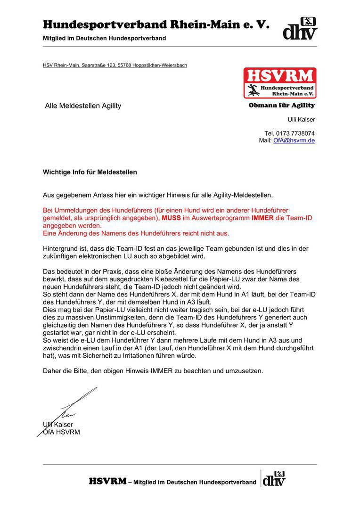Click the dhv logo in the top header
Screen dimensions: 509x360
tap(300, 28)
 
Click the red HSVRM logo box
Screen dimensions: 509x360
tap(280, 83)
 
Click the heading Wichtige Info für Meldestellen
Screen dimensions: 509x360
tap(90, 172)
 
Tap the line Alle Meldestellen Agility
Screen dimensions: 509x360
tap(83, 106)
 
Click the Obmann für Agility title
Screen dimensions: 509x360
tap(282, 106)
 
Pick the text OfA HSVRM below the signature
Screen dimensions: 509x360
tap(61, 432)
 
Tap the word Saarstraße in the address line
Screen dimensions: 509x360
tap(95, 65)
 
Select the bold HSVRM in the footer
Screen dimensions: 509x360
tap(108, 482)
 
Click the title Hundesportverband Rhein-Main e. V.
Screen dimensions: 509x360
tap(156, 25)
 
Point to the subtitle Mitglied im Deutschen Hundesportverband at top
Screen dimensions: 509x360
tap(104, 38)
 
